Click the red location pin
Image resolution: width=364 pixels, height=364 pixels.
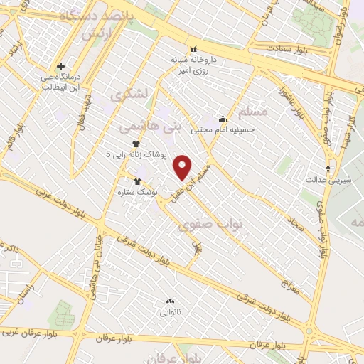pos(183,166)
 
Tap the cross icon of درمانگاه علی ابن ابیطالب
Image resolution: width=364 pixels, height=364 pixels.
pos(61,66)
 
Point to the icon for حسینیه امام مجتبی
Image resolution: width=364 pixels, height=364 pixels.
pos(223,119)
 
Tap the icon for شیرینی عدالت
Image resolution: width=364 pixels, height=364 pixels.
pos(328,168)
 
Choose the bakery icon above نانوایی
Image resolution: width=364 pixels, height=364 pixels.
pos(169,302)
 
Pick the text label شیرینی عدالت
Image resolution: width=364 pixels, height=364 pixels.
pos(321,181)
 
